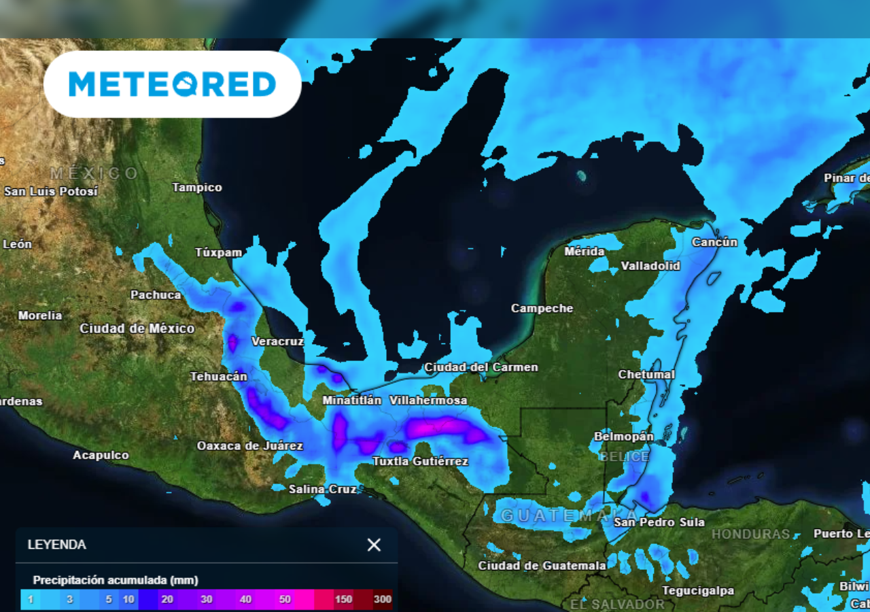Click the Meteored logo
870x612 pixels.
172,84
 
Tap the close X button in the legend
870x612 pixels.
374,545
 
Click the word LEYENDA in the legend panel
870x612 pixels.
57,545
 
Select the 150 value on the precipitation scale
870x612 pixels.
343,599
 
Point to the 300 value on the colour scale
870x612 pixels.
382,599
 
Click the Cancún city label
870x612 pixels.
714,242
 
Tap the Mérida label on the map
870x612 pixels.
585,252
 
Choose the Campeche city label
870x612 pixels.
542,309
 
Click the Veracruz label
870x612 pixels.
277,341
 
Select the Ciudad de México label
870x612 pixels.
137,328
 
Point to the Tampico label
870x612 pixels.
197,188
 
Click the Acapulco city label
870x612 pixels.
101,455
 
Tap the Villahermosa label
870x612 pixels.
428,401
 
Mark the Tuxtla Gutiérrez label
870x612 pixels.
420,462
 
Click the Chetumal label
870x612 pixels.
646,375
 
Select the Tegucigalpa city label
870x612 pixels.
698,591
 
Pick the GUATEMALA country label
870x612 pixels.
568,515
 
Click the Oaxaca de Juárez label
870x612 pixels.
249,446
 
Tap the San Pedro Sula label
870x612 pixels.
659,522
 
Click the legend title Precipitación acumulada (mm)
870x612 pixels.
116,581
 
